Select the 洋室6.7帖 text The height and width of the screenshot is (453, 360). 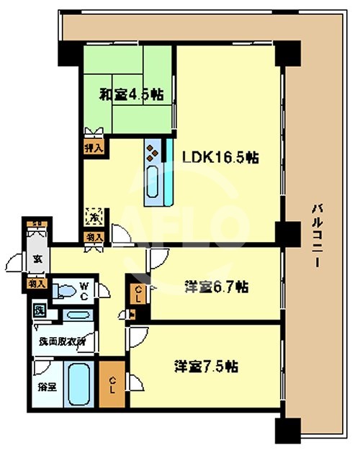(214, 287)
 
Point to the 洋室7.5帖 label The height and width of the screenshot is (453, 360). (207, 366)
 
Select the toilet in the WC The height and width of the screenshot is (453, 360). (66, 290)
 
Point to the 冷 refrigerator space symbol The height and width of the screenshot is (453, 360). (94, 215)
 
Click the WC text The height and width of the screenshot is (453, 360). (84, 290)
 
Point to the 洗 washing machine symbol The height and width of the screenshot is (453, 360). (39, 311)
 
